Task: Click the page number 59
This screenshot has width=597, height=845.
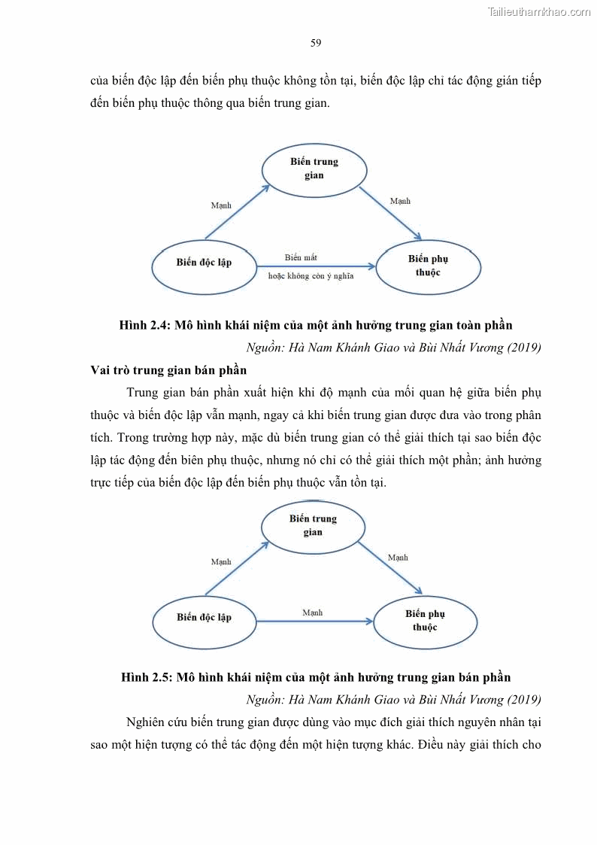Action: click(316, 43)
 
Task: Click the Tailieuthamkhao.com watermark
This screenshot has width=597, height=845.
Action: click(539, 11)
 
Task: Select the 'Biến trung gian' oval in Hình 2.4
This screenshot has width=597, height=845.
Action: click(314, 169)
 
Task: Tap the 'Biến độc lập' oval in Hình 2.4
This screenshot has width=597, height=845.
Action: click(205, 263)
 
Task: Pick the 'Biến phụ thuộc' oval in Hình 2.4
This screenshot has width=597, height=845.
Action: click(428, 266)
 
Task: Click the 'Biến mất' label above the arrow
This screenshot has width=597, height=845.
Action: click(301, 257)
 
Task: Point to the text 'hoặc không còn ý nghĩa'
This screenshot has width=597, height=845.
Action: click(311, 276)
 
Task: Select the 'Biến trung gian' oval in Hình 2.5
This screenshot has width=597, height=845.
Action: click(313, 525)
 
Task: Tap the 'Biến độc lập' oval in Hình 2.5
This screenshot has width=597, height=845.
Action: click(205, 618)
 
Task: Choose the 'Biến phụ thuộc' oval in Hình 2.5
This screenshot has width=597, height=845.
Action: click(425, 621)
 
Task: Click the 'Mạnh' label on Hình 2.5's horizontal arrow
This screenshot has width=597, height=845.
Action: click(313, 612)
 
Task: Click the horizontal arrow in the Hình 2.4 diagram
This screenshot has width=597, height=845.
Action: click(316, 266)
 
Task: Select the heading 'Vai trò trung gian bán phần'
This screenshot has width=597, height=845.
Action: click(168, 370)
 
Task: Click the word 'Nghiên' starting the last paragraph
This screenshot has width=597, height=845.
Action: click(146, 722)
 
